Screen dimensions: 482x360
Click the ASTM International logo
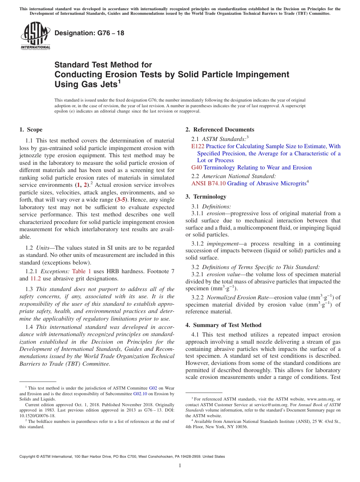coord(35,36)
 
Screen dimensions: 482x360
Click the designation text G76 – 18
coord(89,33)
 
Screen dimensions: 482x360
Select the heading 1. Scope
coord(31,130)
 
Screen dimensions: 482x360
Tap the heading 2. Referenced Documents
coord(220,130)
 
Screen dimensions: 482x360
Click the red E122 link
coord(198,146)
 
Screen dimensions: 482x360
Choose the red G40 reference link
coord(197,167)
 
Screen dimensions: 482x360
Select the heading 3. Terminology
coord(206,197)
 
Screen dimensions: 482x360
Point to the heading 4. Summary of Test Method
coord(224,325)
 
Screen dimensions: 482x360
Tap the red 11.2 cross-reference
coord(36,279)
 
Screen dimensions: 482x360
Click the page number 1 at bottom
coord(180,466)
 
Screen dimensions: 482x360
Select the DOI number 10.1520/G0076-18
coord(37,415)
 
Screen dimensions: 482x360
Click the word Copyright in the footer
coord(29,457)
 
